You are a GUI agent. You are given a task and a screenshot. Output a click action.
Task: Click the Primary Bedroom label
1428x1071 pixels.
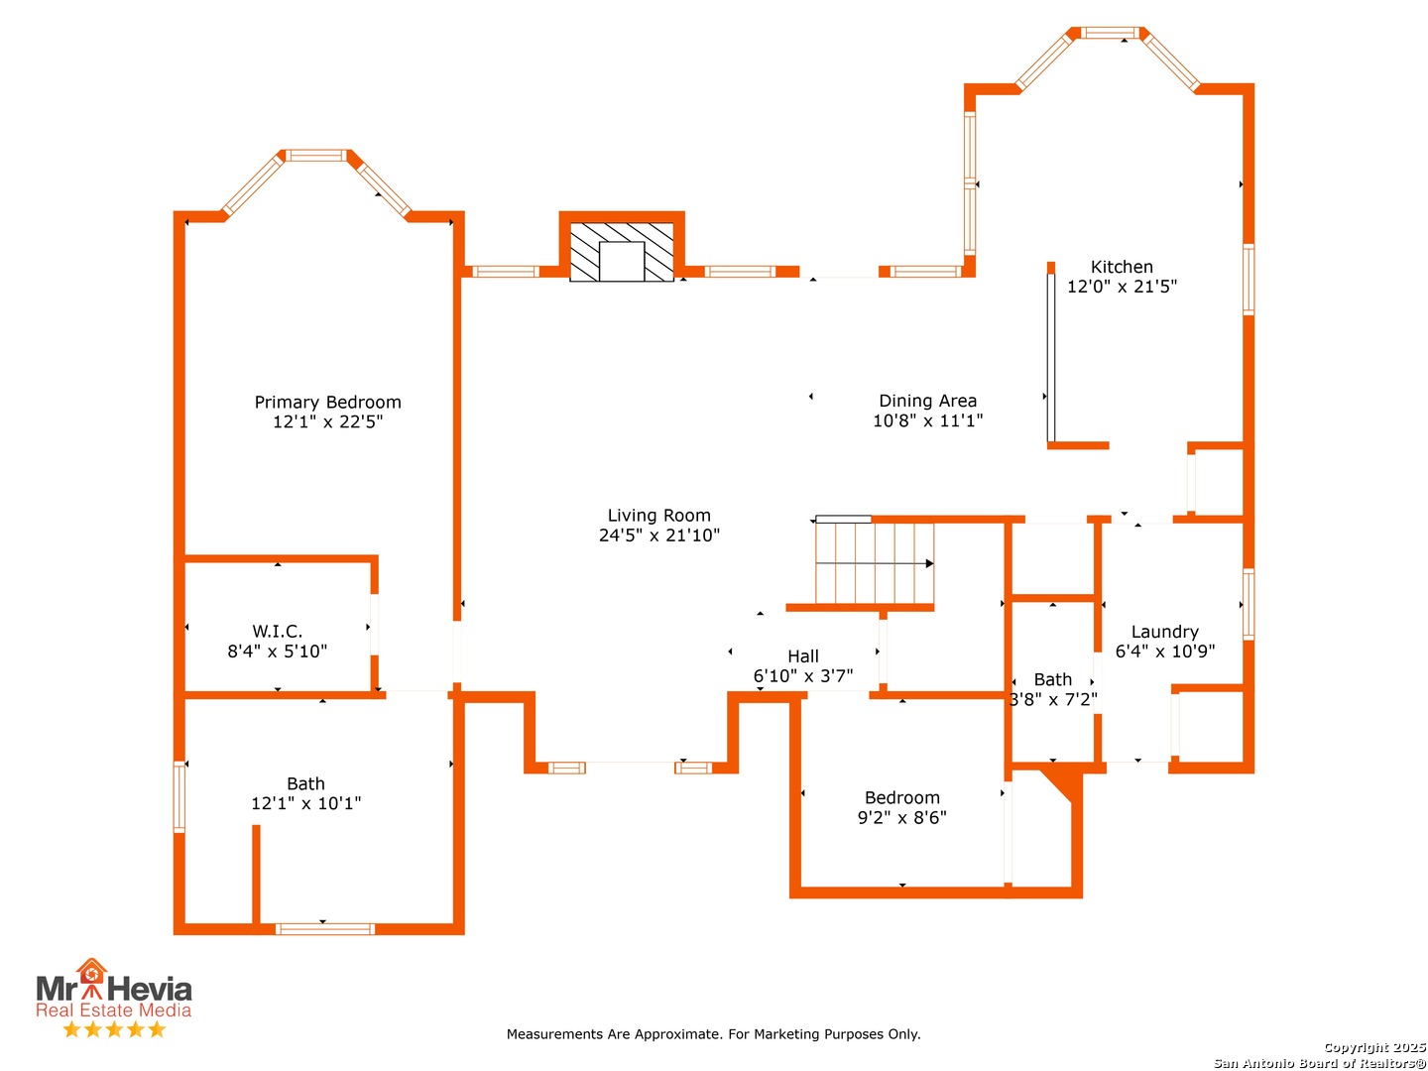click(x=327, y=402)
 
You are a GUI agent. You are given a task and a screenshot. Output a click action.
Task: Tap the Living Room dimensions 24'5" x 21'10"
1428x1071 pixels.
click(x=659, y=535)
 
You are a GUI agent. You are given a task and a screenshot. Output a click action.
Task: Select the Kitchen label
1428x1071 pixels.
click(x=1122, y=267)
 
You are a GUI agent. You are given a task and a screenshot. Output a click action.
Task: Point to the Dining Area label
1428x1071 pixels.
click(x=928, y=401)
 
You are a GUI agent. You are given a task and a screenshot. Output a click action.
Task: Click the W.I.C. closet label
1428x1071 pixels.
click(x=277, y=631)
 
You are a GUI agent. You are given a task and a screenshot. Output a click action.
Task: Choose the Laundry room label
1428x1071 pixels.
click(x=1164, y=632)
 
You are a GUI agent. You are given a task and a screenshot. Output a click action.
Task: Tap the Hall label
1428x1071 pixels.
click(x=803, y=656)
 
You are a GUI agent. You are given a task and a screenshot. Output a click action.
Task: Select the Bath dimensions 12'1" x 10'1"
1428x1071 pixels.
click(x=305, y=803)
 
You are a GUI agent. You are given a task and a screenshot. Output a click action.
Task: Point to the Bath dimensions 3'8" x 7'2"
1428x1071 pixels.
click(x=1052, y=699)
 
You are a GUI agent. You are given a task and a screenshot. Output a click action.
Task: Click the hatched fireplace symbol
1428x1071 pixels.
click(x=622, y=252)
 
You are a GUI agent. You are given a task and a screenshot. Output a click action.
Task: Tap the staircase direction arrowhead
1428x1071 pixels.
click(x=929, y=563)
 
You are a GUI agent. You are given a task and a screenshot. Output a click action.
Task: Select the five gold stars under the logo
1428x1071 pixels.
click(x=114, y=1028)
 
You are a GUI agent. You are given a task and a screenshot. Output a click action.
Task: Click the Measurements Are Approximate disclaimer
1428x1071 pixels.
click(x=713, y=1034)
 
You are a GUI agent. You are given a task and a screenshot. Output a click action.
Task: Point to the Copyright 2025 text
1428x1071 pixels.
click(x=1373, y=1047)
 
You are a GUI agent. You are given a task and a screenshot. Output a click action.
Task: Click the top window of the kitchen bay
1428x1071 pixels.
click(x=1111, y=33)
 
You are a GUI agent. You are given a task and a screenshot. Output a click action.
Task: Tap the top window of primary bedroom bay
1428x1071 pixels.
click(x=316, y=156)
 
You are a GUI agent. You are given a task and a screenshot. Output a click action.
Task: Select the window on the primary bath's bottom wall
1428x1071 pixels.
click(x=324, y=928)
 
